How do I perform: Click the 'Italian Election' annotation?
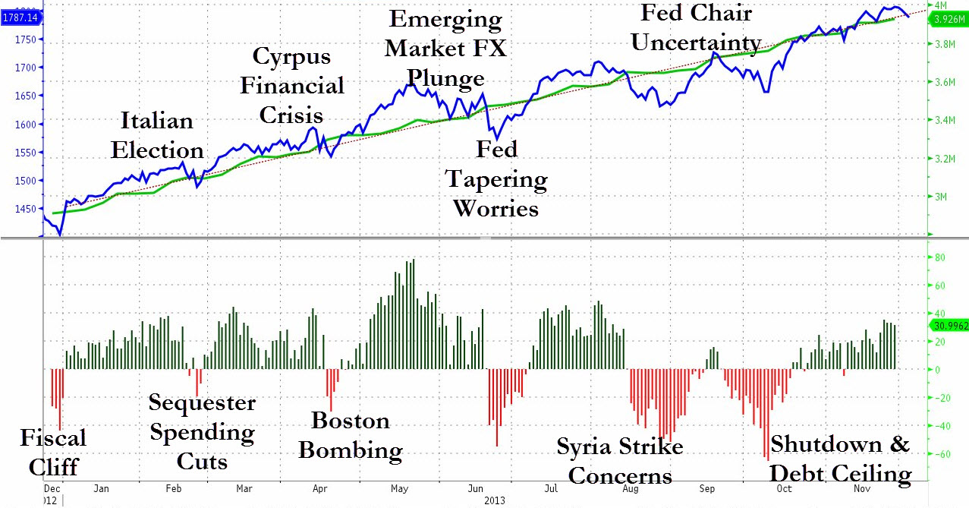click(x=157, y=135)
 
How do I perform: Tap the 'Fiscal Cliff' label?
click(x=53, y=451)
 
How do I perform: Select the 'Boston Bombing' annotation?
click(x=351, y=435)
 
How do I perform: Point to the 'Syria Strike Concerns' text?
click(x=620, y=460)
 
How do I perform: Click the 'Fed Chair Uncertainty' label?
click(x=696, y=27)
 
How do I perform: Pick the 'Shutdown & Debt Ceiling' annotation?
click(x=840, y=459)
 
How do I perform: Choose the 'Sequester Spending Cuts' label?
click(x=202, y=431)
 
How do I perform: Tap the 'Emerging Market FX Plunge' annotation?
click(x=445, y=49)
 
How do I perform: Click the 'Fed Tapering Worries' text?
click(x=496, y=178)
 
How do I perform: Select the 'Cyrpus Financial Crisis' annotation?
click(x=292, y=85)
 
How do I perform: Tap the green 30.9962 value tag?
click(x=949, y=325)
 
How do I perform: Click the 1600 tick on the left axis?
click(x=30, y=124)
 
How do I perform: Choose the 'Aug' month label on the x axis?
click(x=630, y=488)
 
